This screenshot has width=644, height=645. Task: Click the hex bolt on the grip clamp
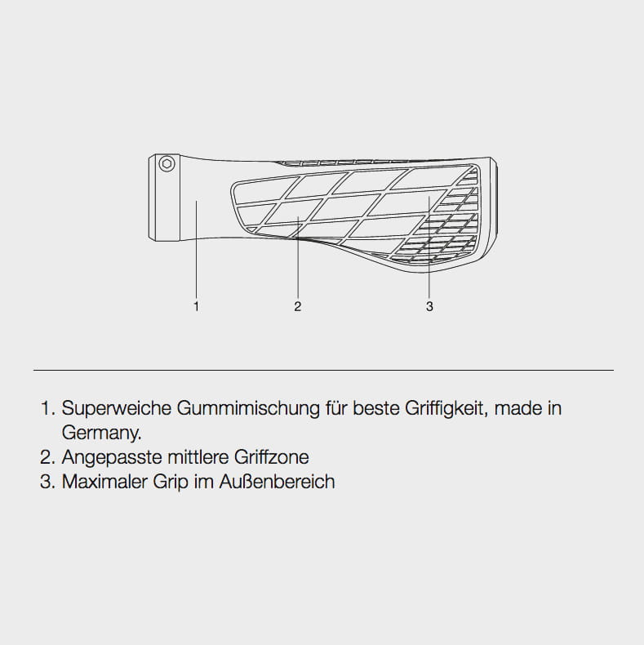click(167, 164)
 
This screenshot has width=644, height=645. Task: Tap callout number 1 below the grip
click(196, 306)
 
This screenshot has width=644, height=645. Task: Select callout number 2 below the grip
click(298, 306)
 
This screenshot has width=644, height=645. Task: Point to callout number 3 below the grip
click(429, 306)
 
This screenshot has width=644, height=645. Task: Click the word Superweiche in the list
click(117, 408)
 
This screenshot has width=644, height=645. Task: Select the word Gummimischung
click(248, 408)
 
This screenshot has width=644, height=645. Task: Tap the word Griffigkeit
click(446, 408)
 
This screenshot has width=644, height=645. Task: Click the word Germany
click(101, 433)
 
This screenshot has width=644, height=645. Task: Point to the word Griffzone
click(272, 457)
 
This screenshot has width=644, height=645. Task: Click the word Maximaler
click(104, 482)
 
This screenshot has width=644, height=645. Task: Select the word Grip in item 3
click(171, 482)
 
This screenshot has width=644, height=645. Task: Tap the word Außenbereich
click(278, 482)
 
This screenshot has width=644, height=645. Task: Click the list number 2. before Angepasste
click(47, 457)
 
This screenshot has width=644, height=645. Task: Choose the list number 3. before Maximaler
click(47, 482)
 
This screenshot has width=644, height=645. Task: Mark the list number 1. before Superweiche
click(48, 408)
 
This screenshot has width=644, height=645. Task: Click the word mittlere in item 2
click(198, 457)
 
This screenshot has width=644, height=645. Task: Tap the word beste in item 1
click(376, 408)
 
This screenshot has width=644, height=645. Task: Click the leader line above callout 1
click(196, 249)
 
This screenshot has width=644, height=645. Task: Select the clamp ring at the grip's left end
click(164, 197)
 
